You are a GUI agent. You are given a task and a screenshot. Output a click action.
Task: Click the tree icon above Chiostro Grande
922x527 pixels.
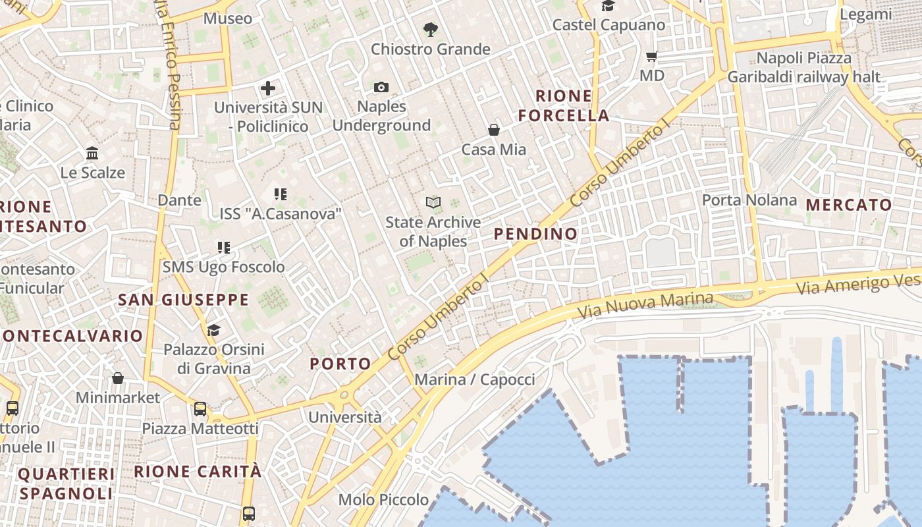tap(431, 29)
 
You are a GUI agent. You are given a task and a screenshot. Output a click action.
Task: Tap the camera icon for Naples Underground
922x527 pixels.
tap(381, 87)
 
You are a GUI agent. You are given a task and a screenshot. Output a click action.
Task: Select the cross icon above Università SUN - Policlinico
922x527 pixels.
tap(268, 88)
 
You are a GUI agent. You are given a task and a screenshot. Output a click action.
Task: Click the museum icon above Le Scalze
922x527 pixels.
tap(92, 153)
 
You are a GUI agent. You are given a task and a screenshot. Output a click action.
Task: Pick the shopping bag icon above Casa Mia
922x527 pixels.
tap(494, 130)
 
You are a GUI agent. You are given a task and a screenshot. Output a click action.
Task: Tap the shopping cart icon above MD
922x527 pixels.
tap(652, 56)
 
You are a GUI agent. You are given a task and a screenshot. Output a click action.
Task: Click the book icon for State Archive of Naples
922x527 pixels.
tap(433, 202)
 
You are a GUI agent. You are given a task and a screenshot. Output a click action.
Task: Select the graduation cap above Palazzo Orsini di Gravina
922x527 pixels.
tap(213, 329)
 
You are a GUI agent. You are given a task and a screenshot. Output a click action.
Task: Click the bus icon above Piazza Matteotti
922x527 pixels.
tap(200, 409)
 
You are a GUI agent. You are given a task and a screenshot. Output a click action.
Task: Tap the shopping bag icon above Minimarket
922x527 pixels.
tap(118, 378)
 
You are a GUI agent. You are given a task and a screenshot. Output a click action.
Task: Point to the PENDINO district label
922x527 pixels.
tap(535, 234)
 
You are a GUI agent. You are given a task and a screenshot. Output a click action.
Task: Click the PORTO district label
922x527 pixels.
tap(340, 364)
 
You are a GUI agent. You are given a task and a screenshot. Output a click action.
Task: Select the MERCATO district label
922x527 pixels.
tap(849, 205)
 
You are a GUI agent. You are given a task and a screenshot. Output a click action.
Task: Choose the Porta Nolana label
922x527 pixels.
tap(749, 200)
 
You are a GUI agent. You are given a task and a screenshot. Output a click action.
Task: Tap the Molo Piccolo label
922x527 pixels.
tap(383, 500)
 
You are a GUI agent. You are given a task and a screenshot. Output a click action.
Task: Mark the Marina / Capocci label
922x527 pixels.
tap(475, 379)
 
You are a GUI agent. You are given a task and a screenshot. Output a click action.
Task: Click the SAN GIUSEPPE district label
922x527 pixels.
tap(183, 300)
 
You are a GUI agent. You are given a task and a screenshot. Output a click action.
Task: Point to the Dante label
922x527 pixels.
tap(179, 200)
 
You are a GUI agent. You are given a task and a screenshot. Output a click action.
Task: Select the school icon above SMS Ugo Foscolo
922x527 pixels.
tap(224, 248)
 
